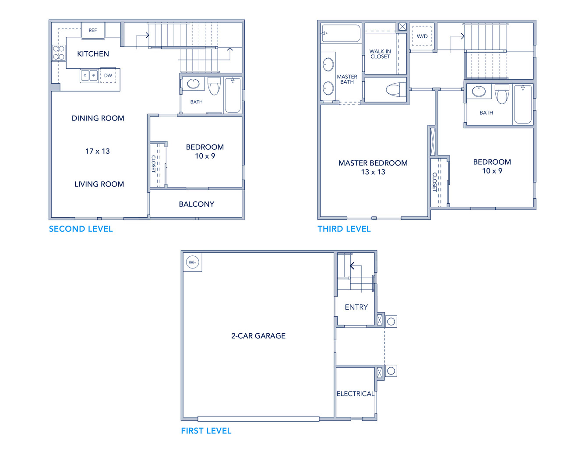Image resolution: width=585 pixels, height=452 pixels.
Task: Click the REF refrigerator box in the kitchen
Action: [93, 30]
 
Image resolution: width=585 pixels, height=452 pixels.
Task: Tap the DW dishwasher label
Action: [108, 76]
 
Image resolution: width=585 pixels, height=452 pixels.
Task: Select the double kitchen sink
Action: [89, 76]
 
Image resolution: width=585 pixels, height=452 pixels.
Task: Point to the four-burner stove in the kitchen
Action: [59, 53]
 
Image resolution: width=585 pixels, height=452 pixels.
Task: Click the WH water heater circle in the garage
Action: [193, 262]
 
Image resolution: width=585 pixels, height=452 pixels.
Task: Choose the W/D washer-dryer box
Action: [422, 36]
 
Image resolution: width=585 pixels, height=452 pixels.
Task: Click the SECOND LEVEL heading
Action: [81, 229]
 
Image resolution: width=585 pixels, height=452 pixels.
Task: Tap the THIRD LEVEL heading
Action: [344, 229]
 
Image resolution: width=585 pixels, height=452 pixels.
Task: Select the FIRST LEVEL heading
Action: [206, 431]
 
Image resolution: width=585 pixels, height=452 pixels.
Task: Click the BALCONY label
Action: [197, 205]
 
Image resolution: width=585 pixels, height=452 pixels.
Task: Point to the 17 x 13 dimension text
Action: [98, 151]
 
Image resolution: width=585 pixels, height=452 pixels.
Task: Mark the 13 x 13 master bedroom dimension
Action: [373, 172]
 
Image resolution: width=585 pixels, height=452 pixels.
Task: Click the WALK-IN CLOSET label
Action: [380, 54]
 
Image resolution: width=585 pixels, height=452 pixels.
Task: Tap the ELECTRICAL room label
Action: [356, 394]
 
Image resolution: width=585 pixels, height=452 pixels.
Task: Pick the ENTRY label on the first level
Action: [356, 307]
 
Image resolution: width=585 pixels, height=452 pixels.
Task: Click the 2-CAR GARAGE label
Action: [258, 336]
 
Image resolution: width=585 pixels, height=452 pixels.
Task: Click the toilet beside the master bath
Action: [396, 90]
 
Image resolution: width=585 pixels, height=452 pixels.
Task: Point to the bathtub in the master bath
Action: [341, 33]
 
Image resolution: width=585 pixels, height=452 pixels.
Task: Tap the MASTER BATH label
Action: [347, 79]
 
